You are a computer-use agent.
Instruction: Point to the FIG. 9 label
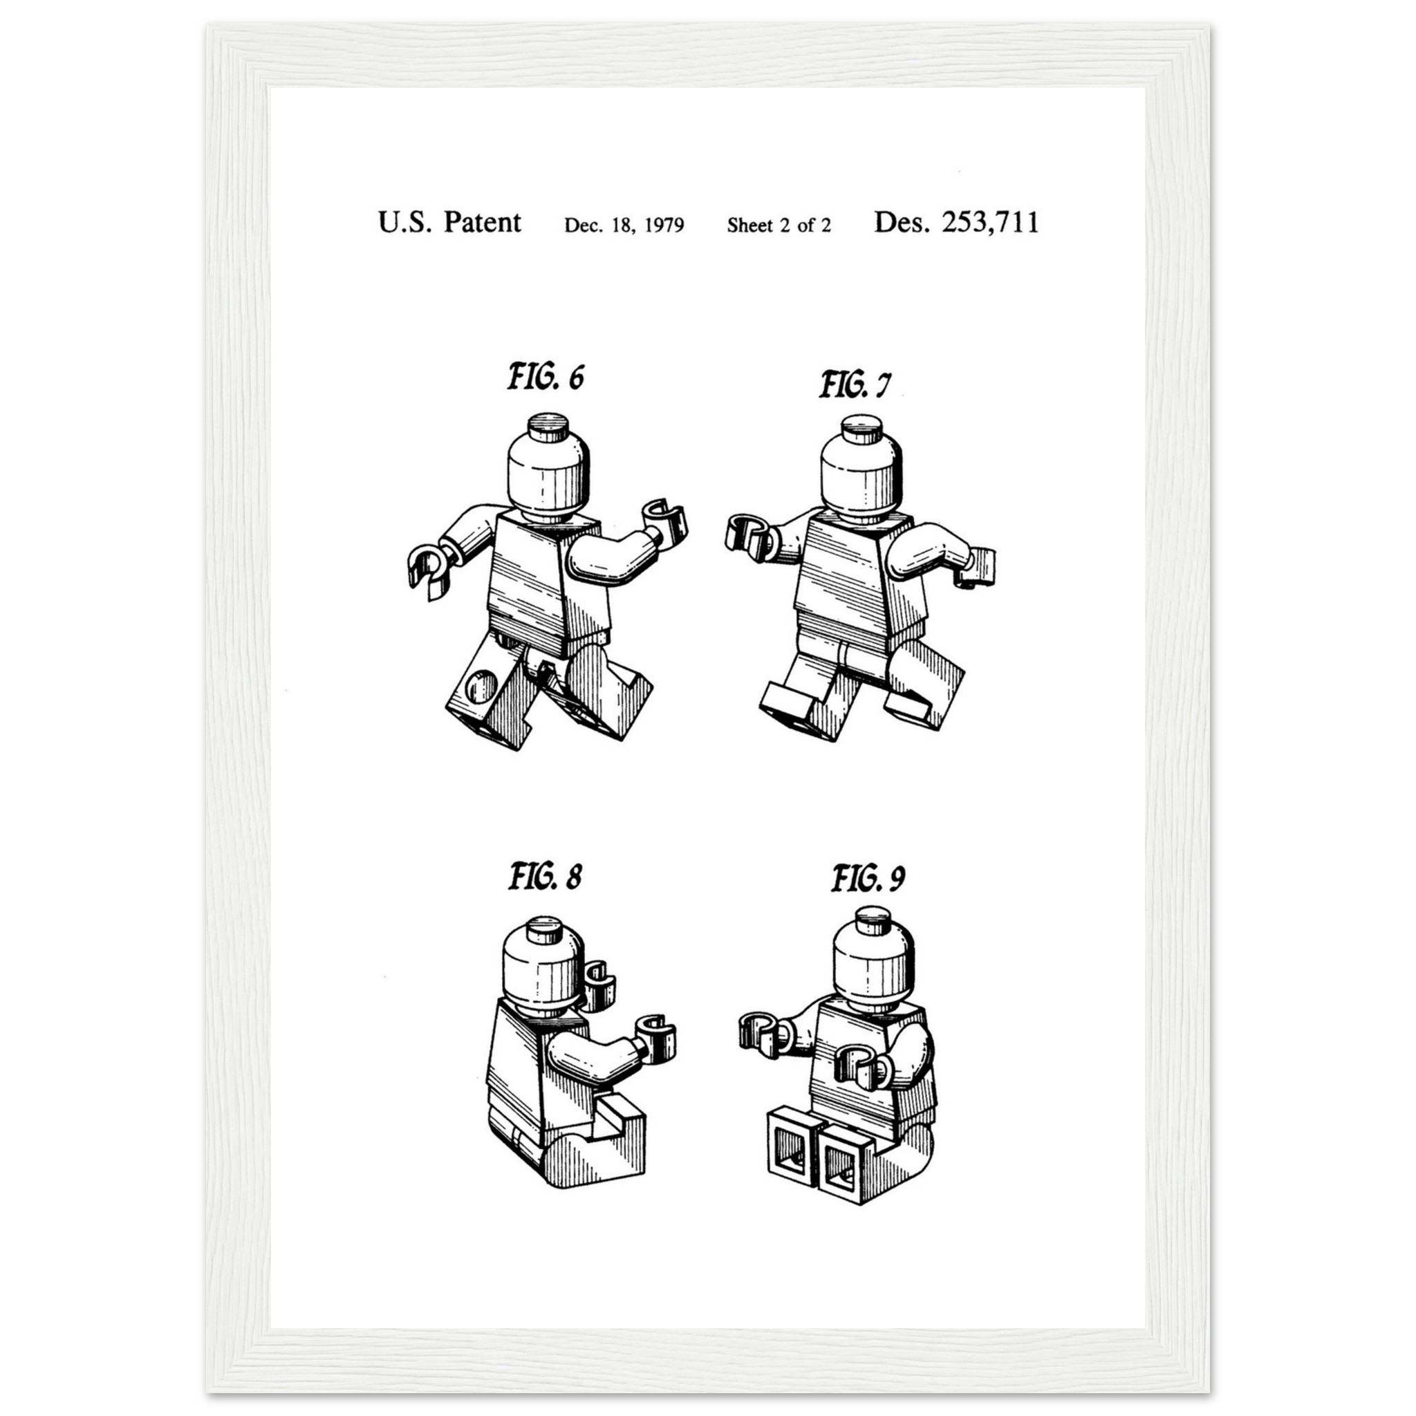coord(868,878)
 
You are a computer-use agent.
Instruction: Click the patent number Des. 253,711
coord(956,222)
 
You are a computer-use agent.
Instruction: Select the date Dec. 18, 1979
coord(624,225)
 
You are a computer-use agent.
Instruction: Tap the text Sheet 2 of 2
coord(779,225)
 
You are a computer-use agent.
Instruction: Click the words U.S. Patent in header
coord(449,222)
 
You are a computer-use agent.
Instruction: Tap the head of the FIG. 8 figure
coord(544,966)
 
